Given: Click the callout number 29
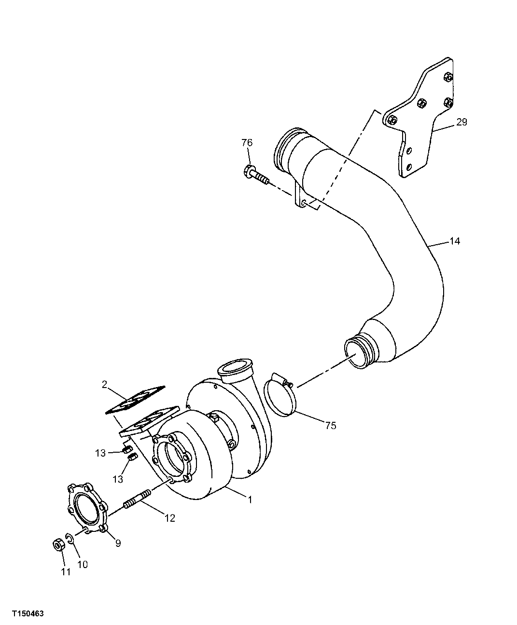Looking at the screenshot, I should pos(461,122).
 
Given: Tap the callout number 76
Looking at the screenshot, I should pos(247,143).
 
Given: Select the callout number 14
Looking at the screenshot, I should pos(454,241).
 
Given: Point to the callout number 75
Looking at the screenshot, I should pos(330,425).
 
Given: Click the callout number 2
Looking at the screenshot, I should pos(104,384).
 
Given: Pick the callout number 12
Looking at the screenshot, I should pos(169,518).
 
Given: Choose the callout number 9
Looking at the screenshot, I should pos(118,543).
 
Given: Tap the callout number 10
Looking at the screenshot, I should pos(83,564).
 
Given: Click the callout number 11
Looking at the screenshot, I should pos(66,572).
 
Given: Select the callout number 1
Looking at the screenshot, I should pos(250,500).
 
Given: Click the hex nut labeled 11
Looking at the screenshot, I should pos(58,545).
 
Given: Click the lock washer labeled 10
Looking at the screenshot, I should pos(70,539).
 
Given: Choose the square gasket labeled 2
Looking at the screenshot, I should pos(136,399).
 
